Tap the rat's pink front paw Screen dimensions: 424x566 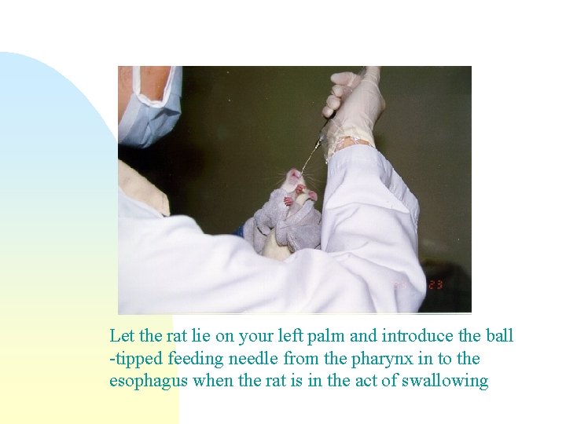[x=289, y=201]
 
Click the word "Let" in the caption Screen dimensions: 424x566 [x=122, y=336]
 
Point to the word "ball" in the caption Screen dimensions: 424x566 [x=498, y=336]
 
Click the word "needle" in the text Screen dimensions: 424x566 [x=250, y=359]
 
